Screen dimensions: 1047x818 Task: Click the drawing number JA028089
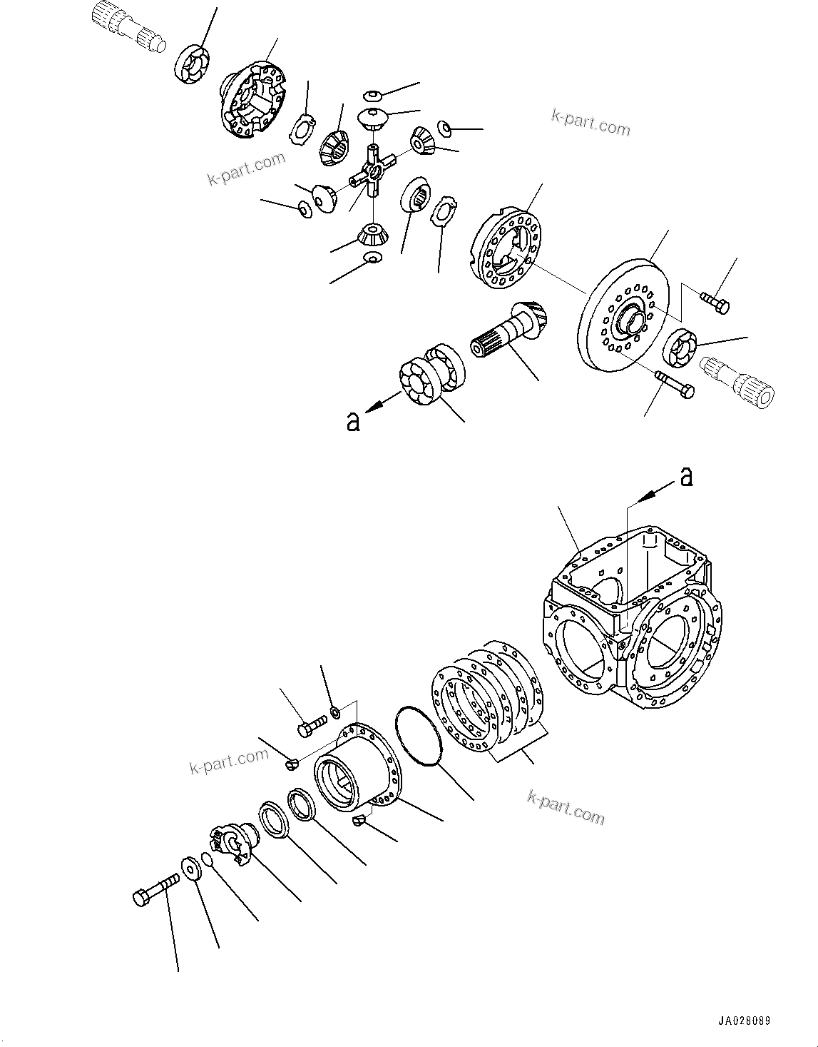[744, 1021]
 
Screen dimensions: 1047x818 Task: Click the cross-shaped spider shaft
[372, 171]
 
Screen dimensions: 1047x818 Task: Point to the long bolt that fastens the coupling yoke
[157, 889]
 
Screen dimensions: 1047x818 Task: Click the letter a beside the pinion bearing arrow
[353, 422]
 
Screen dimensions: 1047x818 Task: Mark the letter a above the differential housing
[686, 476]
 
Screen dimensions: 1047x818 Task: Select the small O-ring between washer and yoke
[206, 859]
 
